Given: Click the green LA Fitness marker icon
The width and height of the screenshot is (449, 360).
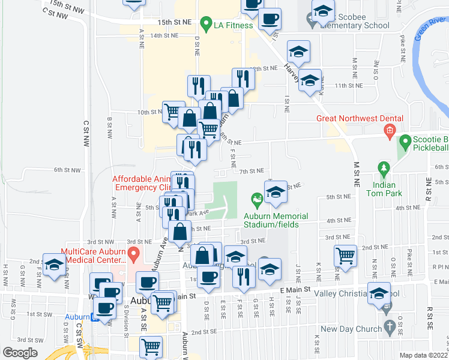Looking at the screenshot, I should coord(206,25).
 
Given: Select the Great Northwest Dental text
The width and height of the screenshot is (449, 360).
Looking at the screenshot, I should coord(360,118).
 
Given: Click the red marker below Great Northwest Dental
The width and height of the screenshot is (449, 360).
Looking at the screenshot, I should coord(389,130).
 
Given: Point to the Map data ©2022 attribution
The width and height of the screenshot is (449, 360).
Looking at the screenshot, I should coord(423,356).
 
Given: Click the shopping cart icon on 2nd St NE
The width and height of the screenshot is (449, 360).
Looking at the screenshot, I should coord(346,256).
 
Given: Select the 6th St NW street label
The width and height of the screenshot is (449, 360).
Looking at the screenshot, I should coord(67,170).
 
